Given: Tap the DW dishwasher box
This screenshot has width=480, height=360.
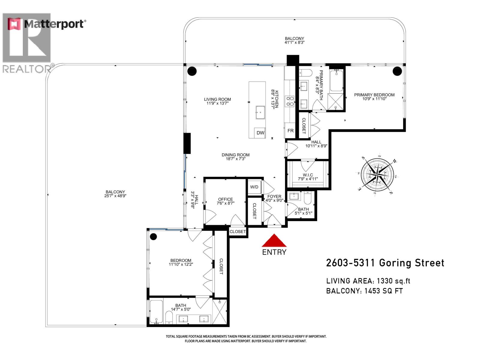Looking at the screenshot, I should pos(260,133).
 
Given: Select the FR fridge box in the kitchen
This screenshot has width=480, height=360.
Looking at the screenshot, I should pos(290,131).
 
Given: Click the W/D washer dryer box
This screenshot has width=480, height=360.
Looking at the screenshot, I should pos(254,187).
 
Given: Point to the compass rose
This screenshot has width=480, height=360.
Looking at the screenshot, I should pos(377,174).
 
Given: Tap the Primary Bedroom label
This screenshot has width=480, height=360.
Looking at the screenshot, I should pos(374,95).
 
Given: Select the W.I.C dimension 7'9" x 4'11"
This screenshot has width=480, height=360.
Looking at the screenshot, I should pos(308,179).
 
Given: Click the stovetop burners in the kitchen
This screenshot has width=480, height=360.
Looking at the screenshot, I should pos(290,101).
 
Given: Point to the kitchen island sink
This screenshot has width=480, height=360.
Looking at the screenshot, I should pos(260,112).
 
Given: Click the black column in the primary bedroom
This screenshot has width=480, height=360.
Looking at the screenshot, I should pos(397,71).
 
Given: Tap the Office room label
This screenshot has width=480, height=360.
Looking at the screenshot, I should pos(225,199).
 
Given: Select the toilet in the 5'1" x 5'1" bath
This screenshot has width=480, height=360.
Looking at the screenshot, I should pos(308,198).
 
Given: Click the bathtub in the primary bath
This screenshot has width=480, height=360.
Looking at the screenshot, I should pos(336,80).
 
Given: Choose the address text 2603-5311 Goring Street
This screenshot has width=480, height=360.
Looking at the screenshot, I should pos(385,263).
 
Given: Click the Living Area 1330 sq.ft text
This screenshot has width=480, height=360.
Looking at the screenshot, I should pos(368,281).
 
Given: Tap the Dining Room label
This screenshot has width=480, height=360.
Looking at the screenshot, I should pos(235,155).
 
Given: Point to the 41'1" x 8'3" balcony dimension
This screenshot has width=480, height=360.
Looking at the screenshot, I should pos(294,43).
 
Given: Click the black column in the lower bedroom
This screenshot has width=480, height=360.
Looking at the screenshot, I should pos(153,237).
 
